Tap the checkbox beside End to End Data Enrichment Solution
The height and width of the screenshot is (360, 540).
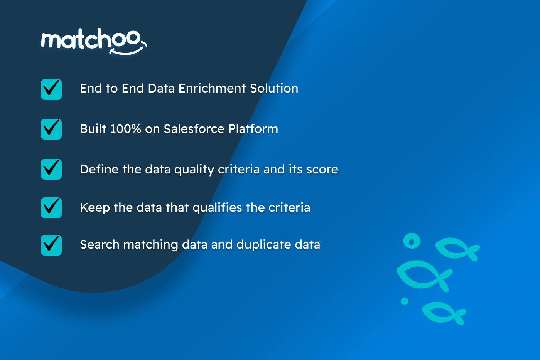[x=51, y=89]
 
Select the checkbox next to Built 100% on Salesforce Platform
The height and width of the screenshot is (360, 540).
[x=51, y=129]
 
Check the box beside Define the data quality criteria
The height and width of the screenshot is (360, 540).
[x=51, y=169]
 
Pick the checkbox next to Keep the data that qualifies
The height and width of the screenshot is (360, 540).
[x=51, y=208]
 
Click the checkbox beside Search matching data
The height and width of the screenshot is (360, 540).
[x=51, y=245]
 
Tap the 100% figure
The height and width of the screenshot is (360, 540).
[x=126, y=129]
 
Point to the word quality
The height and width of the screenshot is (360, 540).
[x=194, y=170]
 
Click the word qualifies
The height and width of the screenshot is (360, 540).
[x=217, y=208]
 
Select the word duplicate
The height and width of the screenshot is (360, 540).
[x=263, y=245]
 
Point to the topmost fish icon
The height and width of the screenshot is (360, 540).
[x=457, y=249]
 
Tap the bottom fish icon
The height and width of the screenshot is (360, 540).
[x=444, y=313]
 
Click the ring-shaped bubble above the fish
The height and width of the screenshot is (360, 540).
[x=412, y=241]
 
